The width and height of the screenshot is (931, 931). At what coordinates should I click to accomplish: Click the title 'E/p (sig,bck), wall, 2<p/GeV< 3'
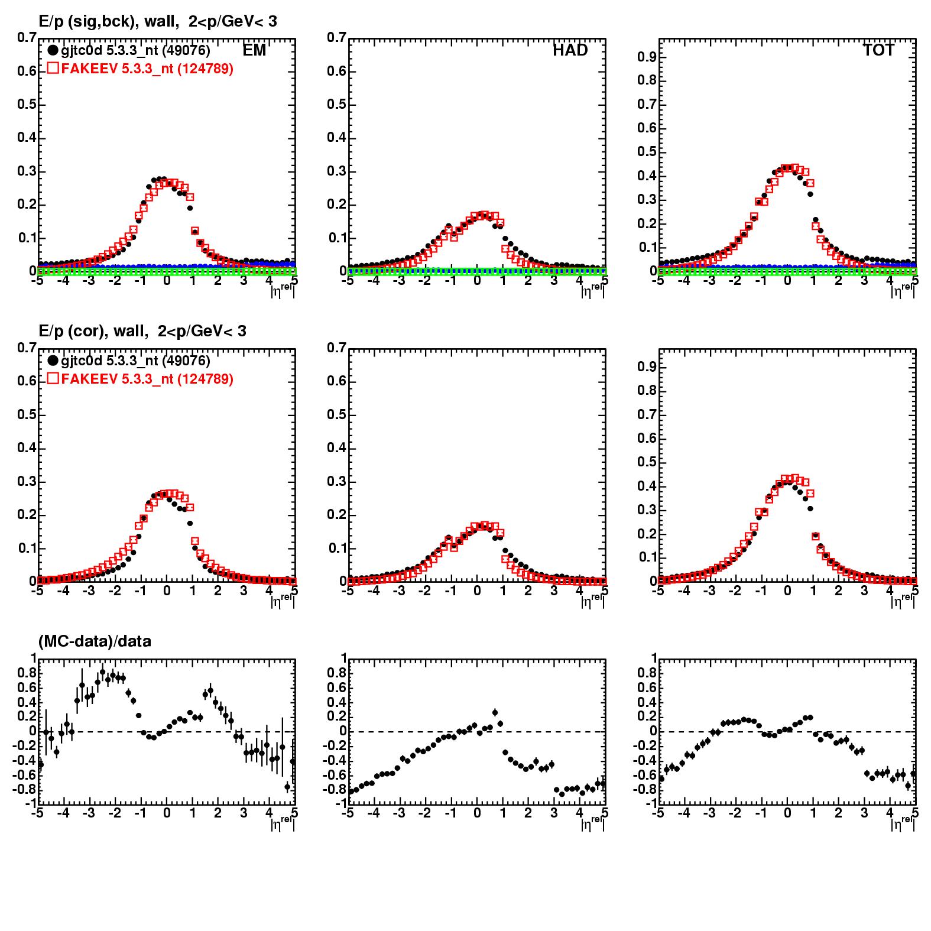(157, 22)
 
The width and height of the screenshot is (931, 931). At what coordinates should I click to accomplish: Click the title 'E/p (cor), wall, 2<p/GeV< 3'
(142, 332)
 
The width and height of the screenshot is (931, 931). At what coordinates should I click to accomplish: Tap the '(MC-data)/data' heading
(95, 641)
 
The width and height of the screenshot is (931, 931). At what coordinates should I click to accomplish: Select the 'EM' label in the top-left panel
(254, 51)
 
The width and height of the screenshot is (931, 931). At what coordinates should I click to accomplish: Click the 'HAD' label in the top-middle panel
(570, 51)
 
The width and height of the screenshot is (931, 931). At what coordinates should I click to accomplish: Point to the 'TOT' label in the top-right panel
(878, 51)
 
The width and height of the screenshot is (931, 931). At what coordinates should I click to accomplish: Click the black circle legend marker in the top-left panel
(53, 51)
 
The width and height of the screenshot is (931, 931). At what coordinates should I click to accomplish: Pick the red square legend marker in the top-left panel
(53, 69)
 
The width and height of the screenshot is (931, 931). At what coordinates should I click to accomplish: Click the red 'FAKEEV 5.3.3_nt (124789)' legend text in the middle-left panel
(147, 379)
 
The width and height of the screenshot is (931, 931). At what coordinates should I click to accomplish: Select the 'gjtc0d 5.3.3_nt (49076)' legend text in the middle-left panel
(135, 361)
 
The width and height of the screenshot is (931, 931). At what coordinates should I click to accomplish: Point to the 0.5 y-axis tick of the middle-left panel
(26, 415)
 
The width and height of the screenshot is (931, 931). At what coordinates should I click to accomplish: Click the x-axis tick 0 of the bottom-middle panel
(477, 813)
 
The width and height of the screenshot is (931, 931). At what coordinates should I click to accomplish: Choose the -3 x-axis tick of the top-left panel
(88, 281)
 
